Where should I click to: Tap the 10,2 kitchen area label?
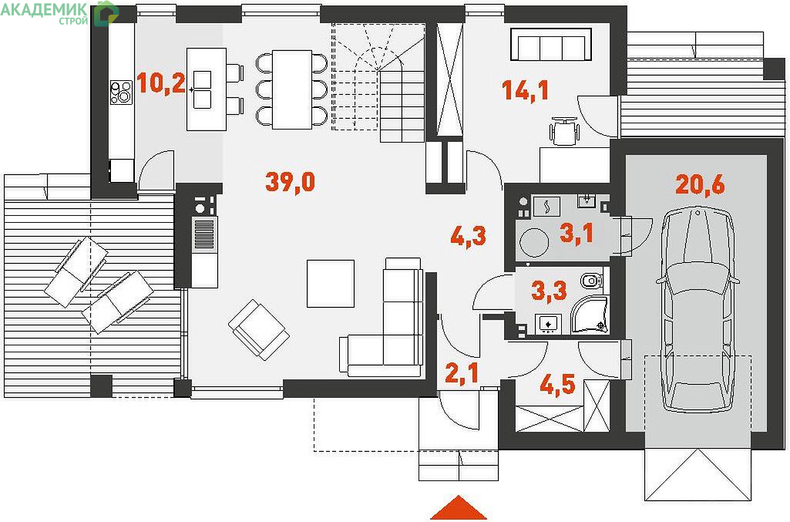161,83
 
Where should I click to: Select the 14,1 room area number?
525,91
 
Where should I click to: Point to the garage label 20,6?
700,184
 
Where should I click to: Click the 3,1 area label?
577,234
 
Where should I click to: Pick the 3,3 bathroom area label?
550,291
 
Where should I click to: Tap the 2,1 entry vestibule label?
462,373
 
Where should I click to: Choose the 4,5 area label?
557,386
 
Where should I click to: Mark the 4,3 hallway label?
468,236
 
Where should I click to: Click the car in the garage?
698,309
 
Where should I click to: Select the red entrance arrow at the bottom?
459,507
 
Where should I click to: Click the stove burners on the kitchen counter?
121,93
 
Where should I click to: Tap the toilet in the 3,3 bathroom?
591,280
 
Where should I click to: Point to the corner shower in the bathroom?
590,315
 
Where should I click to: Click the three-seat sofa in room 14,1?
550,45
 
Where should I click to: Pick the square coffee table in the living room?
331,284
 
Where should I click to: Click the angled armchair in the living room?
258,329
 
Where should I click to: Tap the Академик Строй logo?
59,13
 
